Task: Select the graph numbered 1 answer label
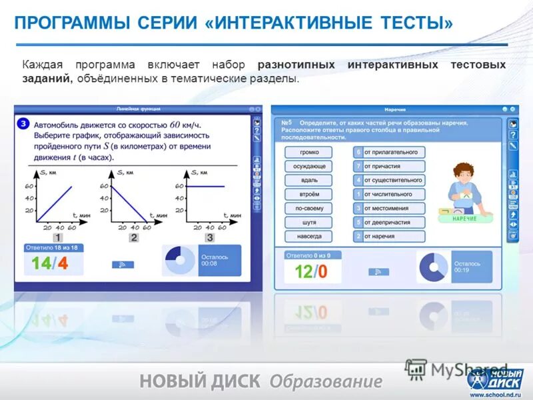(x=58, y=237)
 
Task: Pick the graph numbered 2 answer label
(x=134, y=237)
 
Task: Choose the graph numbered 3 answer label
(x=209, y=237)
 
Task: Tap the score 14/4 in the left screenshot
(x=50, y=263)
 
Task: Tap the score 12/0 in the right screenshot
(x=311, y=271)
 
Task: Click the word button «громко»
(x=309, y=152)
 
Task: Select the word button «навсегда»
(x=309, y=236)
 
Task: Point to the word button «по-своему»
(x=309, y=208)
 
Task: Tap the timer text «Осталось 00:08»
(x=213, y=259)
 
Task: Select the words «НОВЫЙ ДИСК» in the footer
(x=200, y=381)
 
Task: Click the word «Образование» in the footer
(x=326, y=381)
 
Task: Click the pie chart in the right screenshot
(x=434, y=267)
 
